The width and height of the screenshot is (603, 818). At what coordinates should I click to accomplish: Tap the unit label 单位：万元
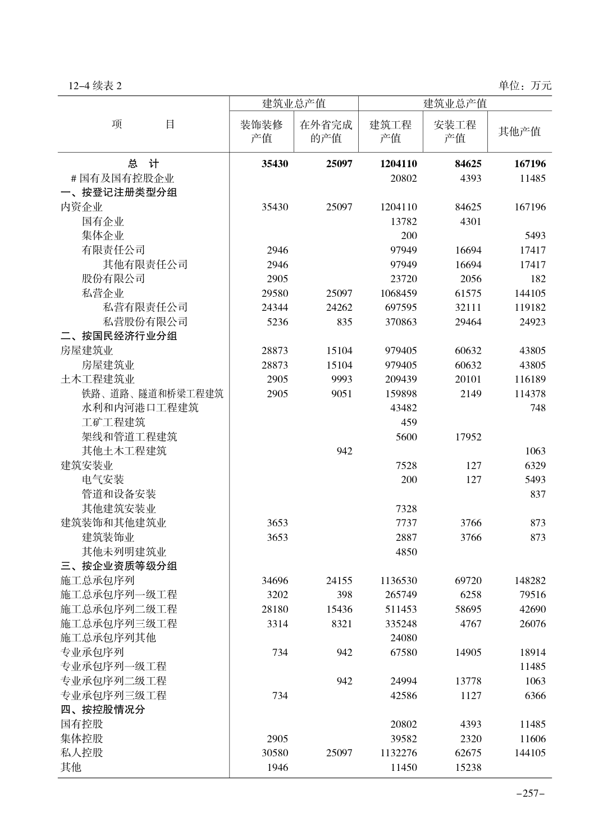tap(524, 86)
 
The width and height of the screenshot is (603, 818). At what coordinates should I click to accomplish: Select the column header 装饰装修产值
tap(261, 131)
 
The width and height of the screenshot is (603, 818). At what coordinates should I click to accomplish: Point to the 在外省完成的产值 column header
tap(326, 131)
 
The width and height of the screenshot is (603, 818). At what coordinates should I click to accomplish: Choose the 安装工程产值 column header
tap(455, 131)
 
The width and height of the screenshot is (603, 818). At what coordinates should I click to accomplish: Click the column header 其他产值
tap(519, 131)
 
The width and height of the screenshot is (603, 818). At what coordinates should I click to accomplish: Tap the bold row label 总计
tap(143, 164)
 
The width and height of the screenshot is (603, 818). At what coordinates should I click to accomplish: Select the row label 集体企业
tap(103, 236)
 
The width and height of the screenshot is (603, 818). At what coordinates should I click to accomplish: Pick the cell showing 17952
tap(468, 436)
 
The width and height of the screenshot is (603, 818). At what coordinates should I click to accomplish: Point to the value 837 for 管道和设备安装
tap(537, 494)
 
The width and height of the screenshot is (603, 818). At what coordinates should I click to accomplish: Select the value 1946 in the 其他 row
tap(277, 767)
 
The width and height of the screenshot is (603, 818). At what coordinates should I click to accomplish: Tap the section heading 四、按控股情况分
tap(103, 710)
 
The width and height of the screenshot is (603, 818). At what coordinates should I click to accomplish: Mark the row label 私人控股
tap(82, 752)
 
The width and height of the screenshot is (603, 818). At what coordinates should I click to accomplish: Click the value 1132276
tap(398, 753)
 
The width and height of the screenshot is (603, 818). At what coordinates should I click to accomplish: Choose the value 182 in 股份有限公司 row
tap(537, 279)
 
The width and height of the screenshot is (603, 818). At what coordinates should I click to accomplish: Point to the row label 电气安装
tap(103, 480)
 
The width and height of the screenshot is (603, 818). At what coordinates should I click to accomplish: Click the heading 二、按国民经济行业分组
tap(119, 336)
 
